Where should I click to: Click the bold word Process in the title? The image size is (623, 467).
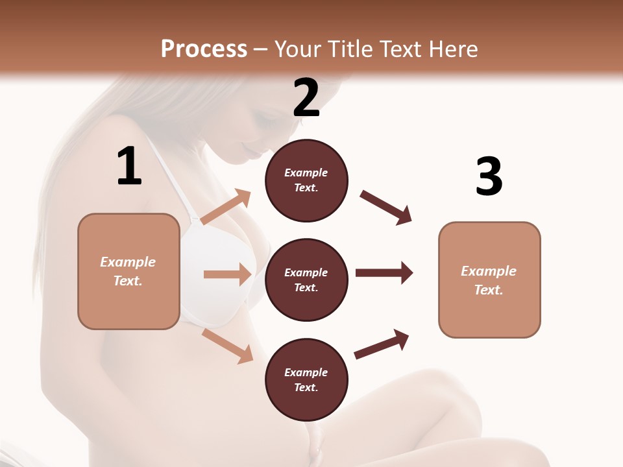click(x=204, y=49)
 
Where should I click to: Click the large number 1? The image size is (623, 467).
click(x=129, y=167)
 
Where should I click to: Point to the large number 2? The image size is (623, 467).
click(x=306, y=98)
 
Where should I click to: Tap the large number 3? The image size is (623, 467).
click(x=489, y=177)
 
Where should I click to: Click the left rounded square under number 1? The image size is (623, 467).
click(x=128, y=271)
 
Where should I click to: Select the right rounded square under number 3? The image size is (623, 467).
click(x=489, y=280)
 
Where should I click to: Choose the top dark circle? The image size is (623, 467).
click(x=306, y=180)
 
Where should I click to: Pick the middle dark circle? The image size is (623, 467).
click(x=306, y=280)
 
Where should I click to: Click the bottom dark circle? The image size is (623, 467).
click(x=306, y=379)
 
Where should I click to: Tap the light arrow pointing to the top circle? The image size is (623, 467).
click(x=226, y=207)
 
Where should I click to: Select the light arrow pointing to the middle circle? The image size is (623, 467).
click(x=227, y=274)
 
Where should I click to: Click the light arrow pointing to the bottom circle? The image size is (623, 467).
click(x=228, y=346)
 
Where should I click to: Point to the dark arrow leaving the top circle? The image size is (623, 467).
click(x=385, y=207)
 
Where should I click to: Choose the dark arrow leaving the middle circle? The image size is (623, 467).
click(x=384, y=273)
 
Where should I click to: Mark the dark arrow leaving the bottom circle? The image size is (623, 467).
click(x=382, y=344)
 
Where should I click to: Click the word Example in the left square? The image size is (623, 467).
click(x=128, y=262)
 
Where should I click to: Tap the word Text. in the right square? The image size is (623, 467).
click(x=489, y=290)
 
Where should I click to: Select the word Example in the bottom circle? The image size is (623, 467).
click(x=306, y=372)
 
